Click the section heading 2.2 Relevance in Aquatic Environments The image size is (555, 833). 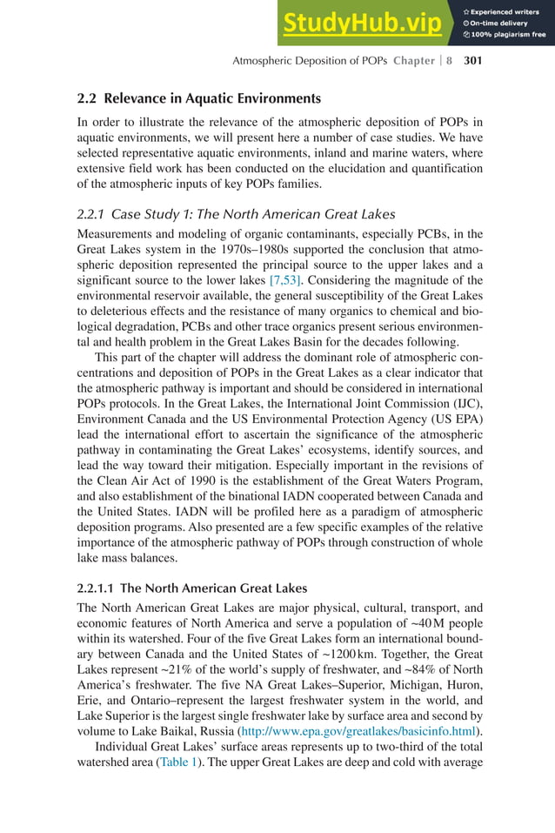[x=199, y=98]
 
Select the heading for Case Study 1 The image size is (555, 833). [x=236, y=214]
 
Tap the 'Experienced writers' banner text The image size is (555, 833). [x=507, y=10]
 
